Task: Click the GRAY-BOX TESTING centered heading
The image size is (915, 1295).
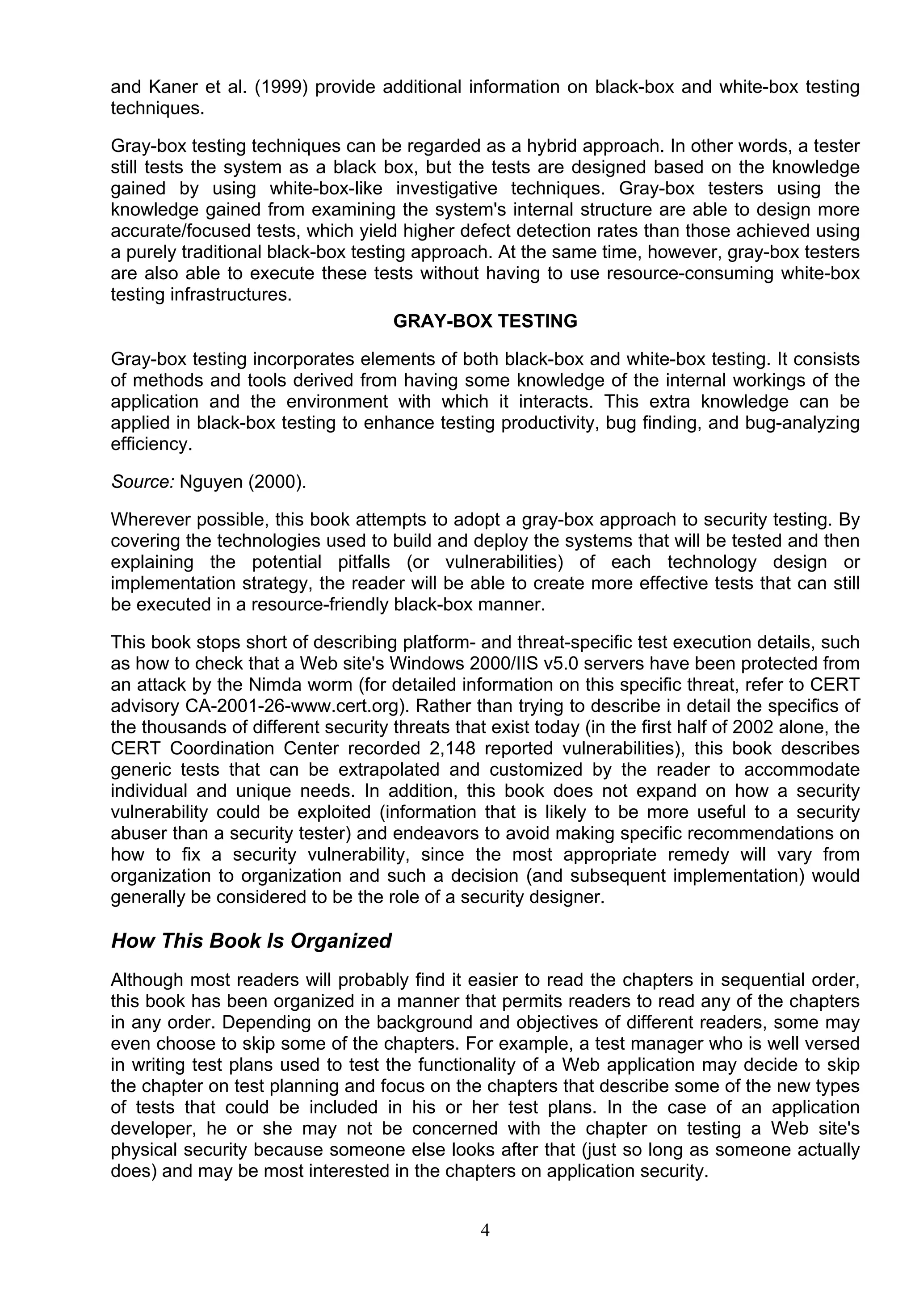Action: [485, 321]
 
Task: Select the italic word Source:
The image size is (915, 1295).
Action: [143, 482]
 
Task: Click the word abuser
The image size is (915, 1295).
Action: [139, 834]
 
